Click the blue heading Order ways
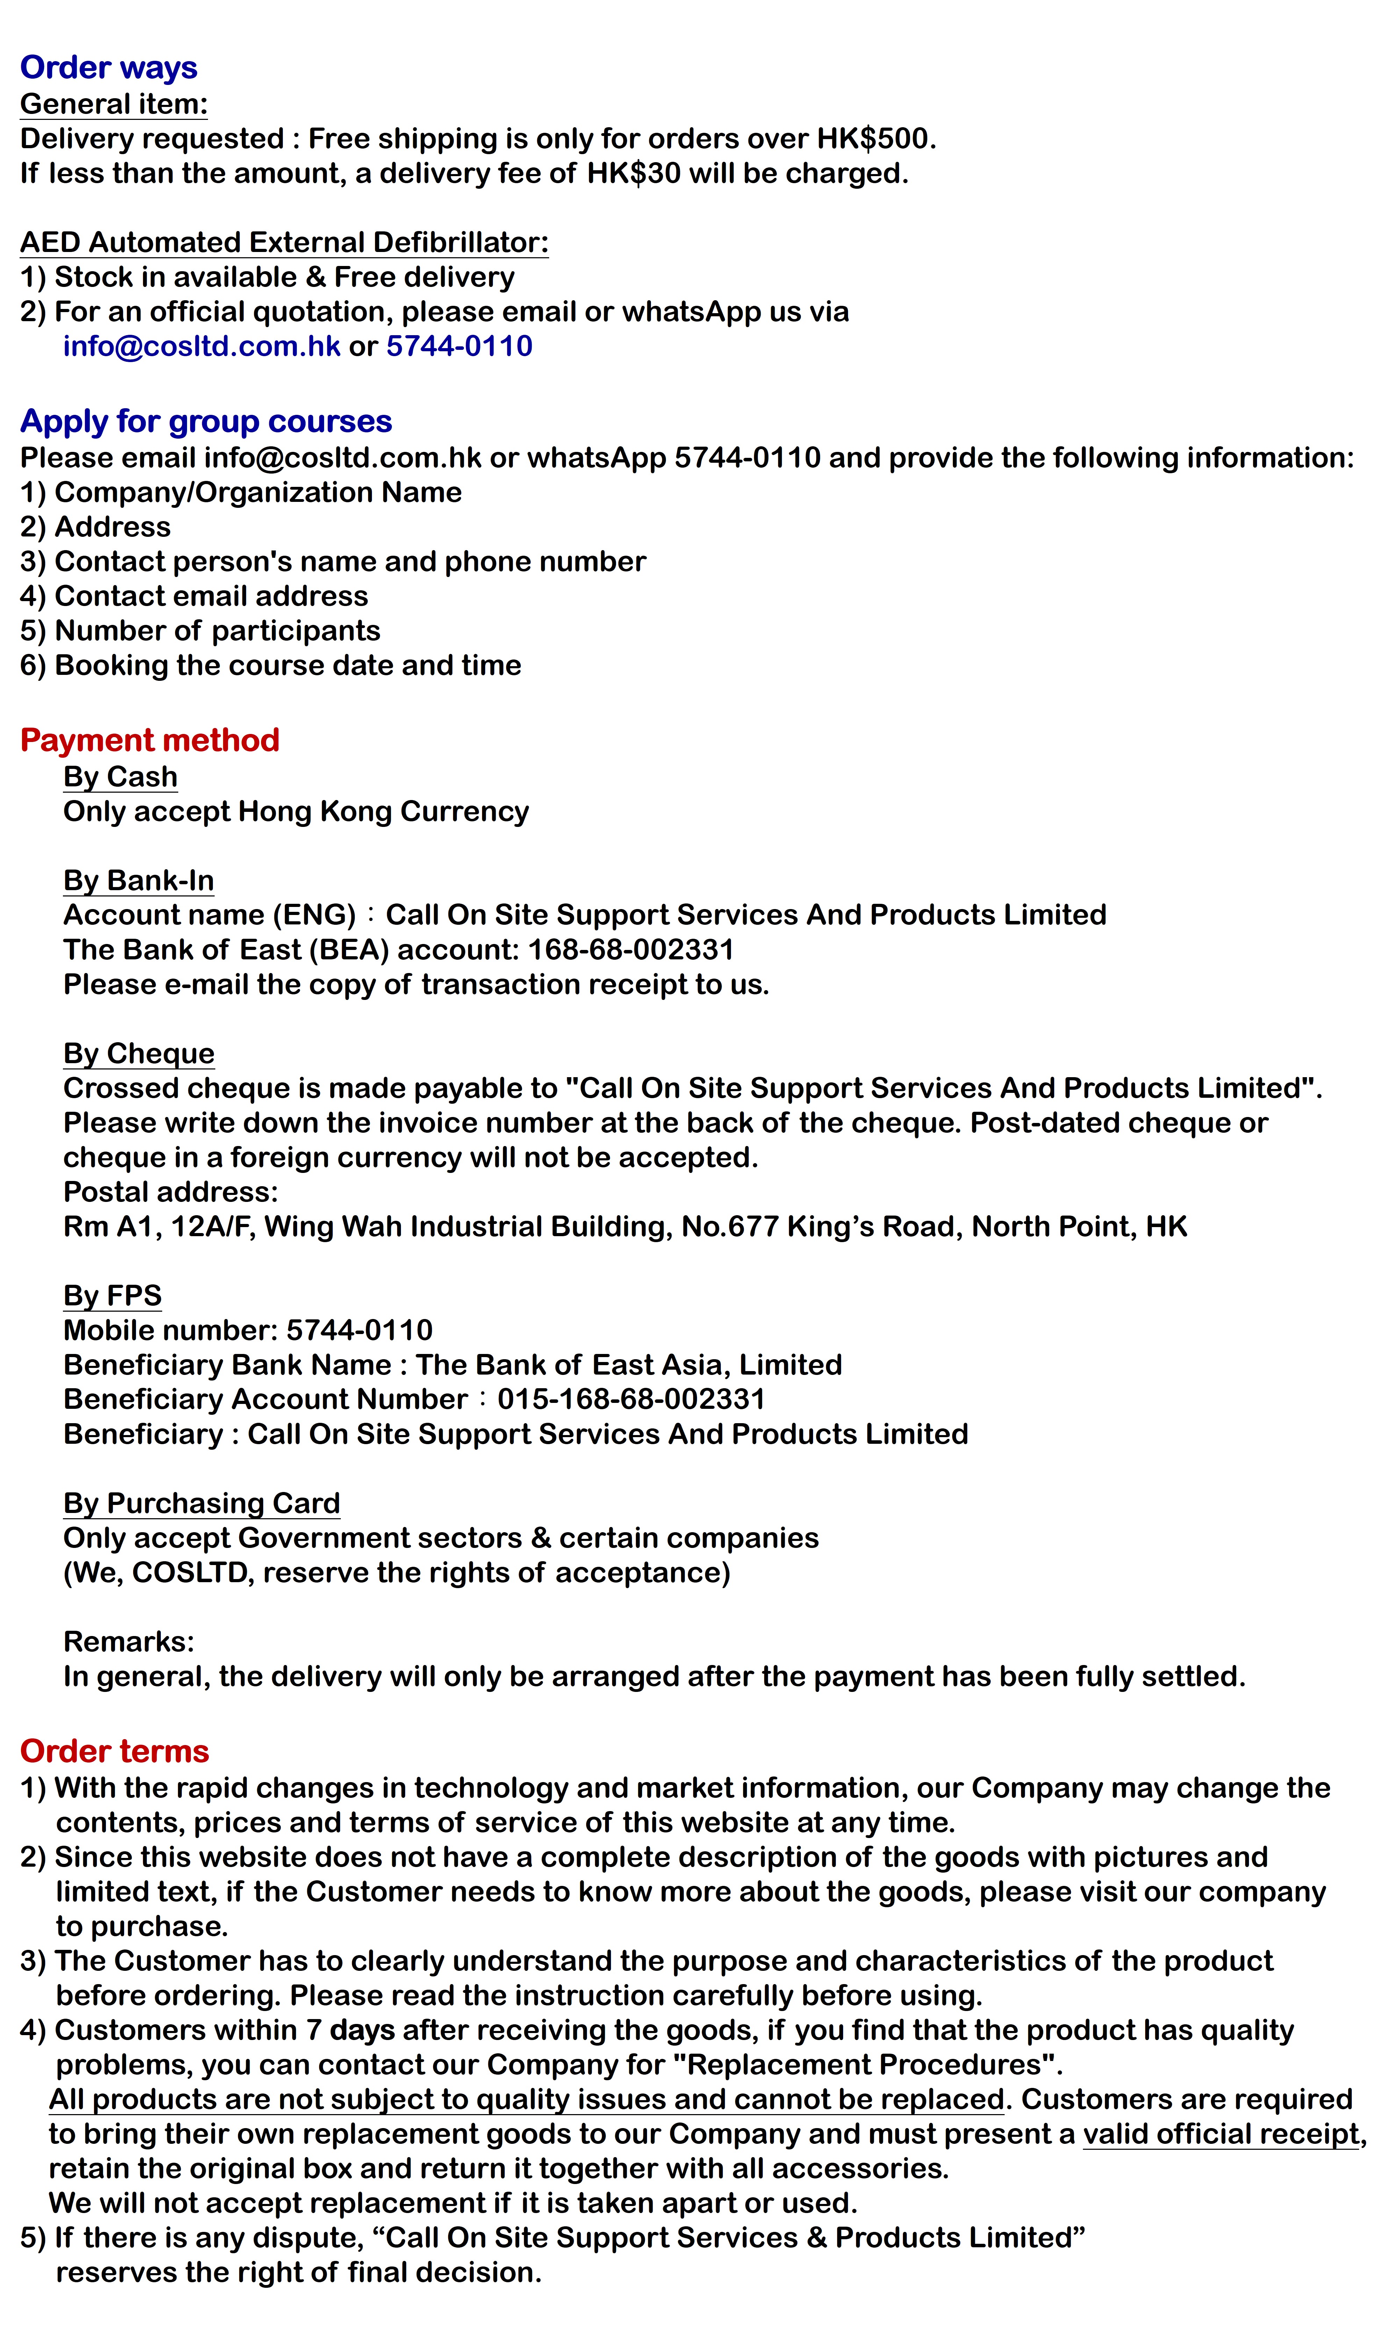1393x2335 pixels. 109,67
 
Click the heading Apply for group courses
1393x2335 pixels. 206,421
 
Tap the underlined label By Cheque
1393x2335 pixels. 138,1053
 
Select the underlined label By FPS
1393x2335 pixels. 112,1295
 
